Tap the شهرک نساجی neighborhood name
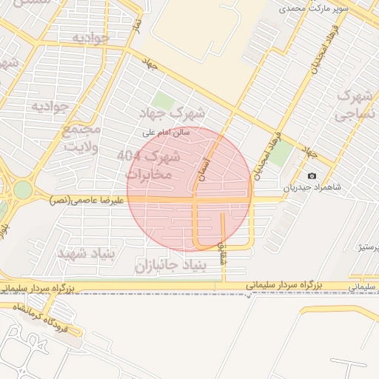355,106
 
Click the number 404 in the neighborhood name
128,155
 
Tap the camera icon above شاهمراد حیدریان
312,175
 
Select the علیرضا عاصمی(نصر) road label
81,200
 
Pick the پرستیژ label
368,245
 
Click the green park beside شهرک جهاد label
161,100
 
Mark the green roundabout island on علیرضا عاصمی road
21,190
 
